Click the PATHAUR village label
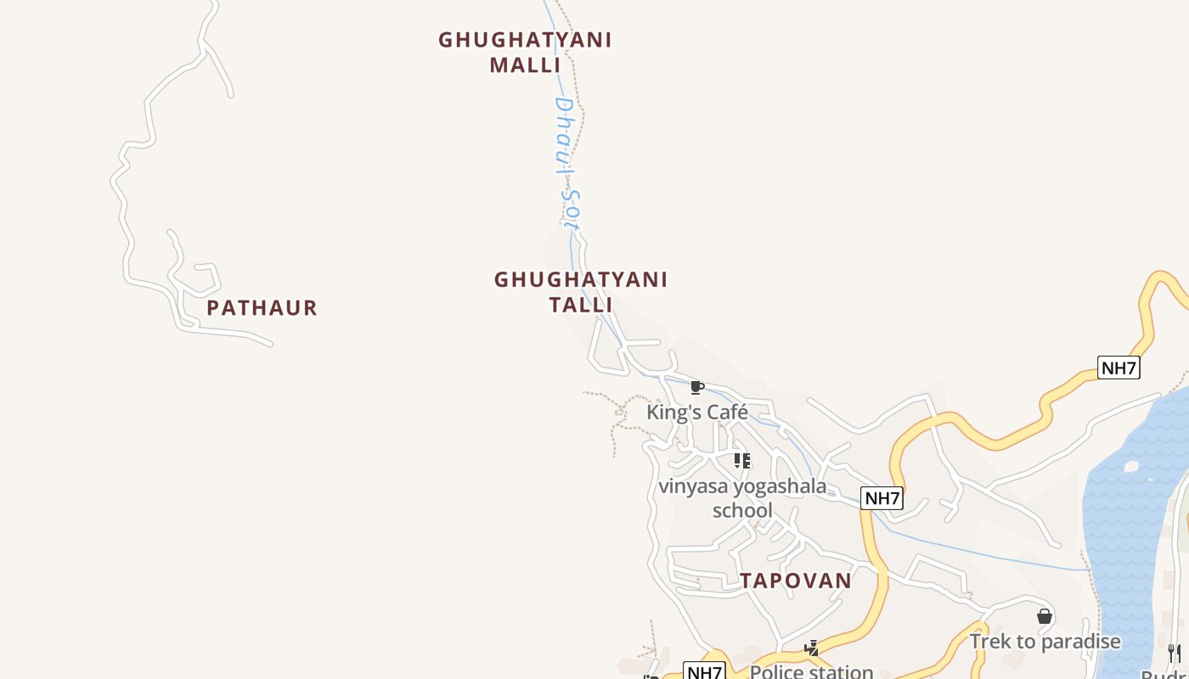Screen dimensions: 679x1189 pyautogui.click(x=262, y=307)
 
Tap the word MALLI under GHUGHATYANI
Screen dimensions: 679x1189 pyautogui.click(x=525, y=65)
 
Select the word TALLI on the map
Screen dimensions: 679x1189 pyautogui.click(x=581, y=304)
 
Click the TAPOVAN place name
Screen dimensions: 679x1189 pyautogui.click(x=795, y=581)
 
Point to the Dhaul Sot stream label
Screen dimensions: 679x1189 pyautogui.click(x=566, y=163)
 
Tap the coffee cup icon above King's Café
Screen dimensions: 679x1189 pyautogui.click(x=697, y=388)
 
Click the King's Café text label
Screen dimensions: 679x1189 pyautogui.click(x=697, y=412)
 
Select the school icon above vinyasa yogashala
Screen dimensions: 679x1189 pyautogui.click(x=742, y=461)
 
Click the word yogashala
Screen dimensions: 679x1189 pyautogui.click(x=780, y=486)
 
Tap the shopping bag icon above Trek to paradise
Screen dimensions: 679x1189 pyautogui.click(x=1045, y=616)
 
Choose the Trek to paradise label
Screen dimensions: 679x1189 pyautogui.click(x=1045, y=642)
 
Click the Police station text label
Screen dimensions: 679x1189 pyautogui.click(x=812, y=671)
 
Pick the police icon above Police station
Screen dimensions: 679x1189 pyautogui.click(x=813, y=648)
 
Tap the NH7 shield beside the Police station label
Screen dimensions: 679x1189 pyautogui.click(x=704, y=672)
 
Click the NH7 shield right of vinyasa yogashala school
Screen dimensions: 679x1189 pyautogui.click(x=882, y=498)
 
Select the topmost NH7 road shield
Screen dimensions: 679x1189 pyautogui.click(x=1119, y=368)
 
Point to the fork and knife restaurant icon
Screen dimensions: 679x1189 pyautogui.click(x=1175, y=652)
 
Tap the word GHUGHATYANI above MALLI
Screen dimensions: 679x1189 pyautogui.click(x=525, y=40)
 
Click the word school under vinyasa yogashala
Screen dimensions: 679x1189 pyautogui.click(x=742, y=510)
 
